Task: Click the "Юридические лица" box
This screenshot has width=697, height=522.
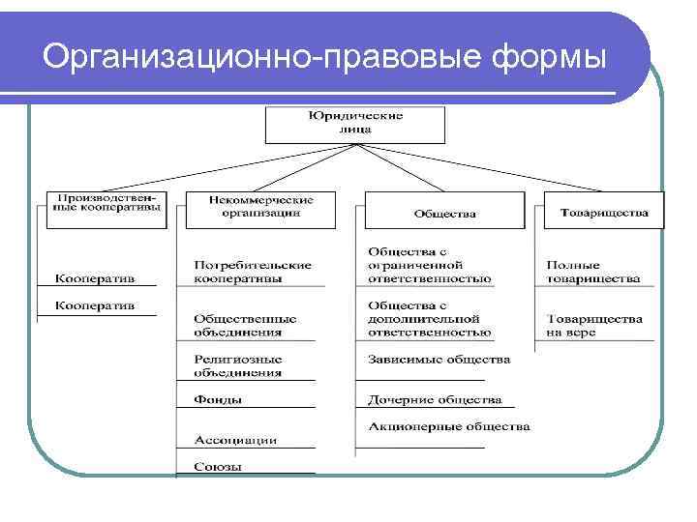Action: coord(355,124)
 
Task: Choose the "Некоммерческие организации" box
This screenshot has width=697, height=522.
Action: coord(259,209)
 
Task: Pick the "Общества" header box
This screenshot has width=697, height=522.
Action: coord(444,212)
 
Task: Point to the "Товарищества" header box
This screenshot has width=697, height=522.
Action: coord(603,211)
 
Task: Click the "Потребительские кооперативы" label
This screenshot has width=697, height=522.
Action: coord(252,271)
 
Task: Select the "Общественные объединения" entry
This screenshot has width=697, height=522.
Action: coord(245,325)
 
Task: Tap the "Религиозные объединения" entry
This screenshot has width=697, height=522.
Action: coord(238,365)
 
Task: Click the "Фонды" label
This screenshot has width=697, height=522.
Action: coord(218,399)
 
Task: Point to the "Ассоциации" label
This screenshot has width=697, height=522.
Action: coord(235,440)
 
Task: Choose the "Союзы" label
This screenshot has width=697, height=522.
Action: coord(218,467)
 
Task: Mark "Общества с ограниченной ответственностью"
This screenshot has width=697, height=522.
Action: coord(429,265)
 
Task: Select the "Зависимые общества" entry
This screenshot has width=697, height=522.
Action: coord(439,360)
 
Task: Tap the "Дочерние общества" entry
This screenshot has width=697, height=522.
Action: coord(435,398)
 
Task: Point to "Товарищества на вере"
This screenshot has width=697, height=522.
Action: coord(593,325)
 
